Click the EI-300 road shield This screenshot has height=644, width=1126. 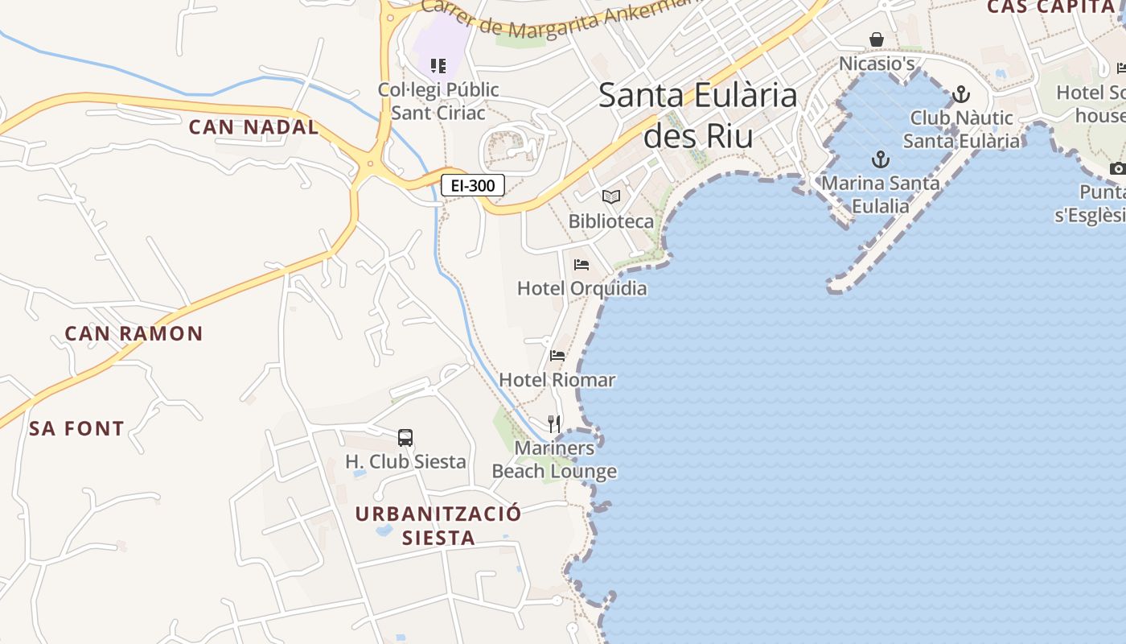[x=473, y=186]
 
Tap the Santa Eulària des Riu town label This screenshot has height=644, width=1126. [x=698, y=115]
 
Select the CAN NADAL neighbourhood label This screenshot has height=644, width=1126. [x=253, y=127]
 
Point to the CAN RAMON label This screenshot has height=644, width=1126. [x=134, y=333]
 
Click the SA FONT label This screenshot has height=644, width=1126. [x=77, y=429]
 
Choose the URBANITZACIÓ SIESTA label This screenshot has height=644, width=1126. [x=438, y=525]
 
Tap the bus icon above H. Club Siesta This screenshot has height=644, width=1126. [x=405, y=438]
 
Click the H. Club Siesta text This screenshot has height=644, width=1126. [x=405, y=462]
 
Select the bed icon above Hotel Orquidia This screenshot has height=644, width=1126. [x=581, y=265]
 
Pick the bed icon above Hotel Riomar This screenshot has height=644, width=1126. [x=557, y=356]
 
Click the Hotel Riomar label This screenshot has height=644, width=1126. [x=557, y=380]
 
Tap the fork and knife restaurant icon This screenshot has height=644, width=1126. [x=554, y=424]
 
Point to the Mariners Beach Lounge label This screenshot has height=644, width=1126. [x=555, y=460]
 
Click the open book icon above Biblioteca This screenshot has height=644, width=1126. [x=611, y=196]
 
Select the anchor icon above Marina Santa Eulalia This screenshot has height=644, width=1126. [x=881, y=159]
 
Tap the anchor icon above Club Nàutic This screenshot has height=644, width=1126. [x=961, y=95]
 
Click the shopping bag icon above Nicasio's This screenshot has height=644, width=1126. [x=877, y=39]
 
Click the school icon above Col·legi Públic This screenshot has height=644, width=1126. [x=438, y=65]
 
